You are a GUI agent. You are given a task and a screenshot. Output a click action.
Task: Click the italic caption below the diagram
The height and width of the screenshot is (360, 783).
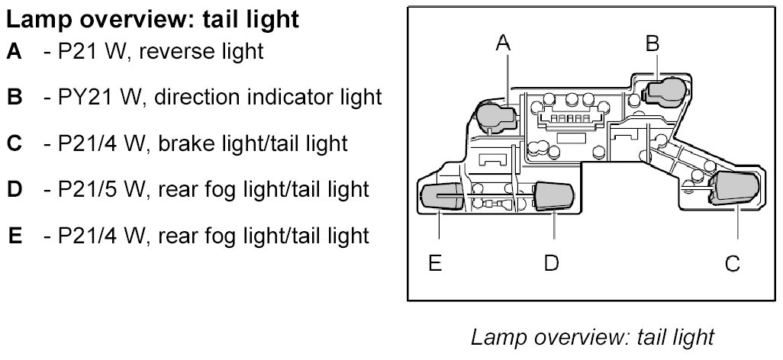tap(592, 336)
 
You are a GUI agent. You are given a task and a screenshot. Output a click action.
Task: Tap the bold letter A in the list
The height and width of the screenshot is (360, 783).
tap(14, 52)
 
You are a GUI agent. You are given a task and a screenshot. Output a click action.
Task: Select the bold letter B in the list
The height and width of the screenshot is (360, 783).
tap(14, 98)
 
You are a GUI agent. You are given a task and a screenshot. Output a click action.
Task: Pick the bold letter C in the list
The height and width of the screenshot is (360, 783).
tap(14, 143)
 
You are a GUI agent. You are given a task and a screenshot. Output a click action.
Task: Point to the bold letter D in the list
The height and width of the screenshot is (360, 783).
tap(14, 188)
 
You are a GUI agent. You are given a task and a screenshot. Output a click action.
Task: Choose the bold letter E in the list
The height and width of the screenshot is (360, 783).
tap(15, 235)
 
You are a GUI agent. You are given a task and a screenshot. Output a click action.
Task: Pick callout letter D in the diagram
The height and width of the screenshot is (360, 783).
tap(551, 263)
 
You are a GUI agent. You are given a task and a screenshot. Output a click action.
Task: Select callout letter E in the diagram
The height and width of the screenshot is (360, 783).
tap(435, 263)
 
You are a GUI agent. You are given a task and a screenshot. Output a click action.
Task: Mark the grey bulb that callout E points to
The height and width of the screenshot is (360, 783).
tap(441, 197)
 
